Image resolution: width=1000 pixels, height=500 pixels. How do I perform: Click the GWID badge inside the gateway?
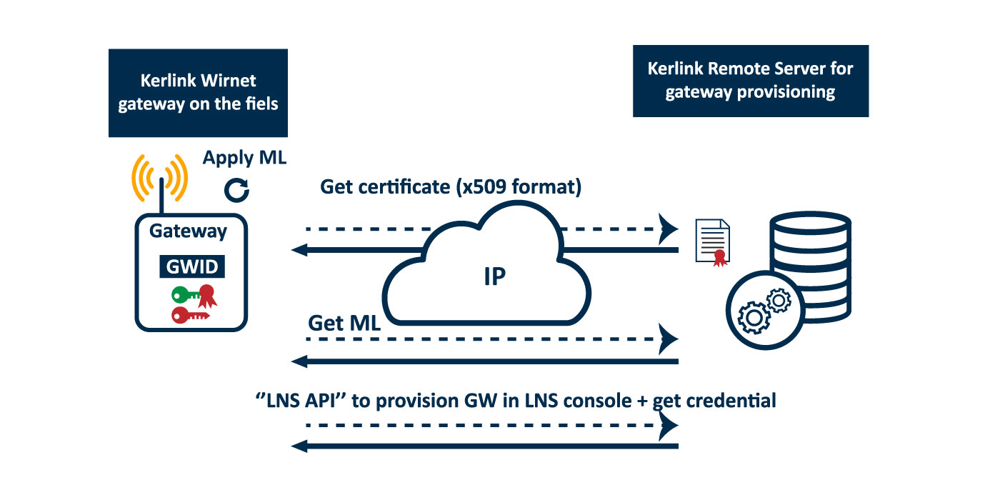[191, 267]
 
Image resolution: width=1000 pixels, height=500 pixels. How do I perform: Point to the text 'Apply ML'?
[244, 158]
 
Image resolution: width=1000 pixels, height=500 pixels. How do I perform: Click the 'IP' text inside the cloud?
[494, 276]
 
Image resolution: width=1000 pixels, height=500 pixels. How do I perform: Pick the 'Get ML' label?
[344, 322]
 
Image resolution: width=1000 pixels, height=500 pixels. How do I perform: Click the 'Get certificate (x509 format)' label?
[451, 187]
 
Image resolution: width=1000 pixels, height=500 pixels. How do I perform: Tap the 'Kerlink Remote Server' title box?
[750, 81]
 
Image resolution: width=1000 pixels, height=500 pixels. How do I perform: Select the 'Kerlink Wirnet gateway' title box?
[198, 93]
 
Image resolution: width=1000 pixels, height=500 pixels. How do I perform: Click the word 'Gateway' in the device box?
[188, 231]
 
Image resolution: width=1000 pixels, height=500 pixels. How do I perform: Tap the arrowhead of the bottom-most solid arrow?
[299, 446]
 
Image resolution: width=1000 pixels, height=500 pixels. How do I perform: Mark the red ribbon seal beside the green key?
[207, 294]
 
